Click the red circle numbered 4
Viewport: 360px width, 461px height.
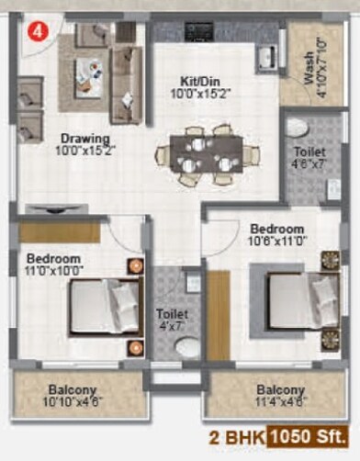point(36,29)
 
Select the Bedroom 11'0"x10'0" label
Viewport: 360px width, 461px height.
point(53,265)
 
